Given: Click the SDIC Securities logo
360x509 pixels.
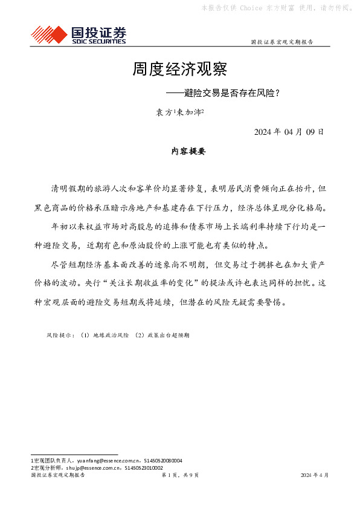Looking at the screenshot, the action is (79, 34).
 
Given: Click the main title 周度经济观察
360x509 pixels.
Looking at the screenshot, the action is (179, 69).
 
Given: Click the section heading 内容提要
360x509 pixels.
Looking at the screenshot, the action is (188, 152).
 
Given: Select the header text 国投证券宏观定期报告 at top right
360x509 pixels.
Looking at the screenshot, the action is (281, 42).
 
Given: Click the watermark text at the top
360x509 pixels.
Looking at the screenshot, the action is (275, 8).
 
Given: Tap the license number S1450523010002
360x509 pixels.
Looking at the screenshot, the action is (143, 468).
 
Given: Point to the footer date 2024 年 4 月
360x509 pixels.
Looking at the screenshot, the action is (315, 476).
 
